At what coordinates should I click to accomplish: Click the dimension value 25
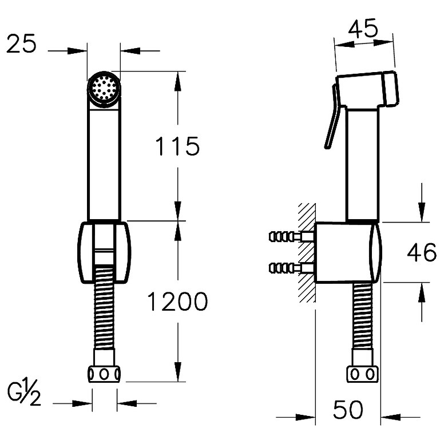click(x=21, y=43)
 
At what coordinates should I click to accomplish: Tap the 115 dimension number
click(x=177, y=146)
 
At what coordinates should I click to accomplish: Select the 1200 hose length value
click(x=177, y=302)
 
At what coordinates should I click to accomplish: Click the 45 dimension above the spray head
click(x=363, y=28)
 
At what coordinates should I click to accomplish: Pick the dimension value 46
click(x=422, y=252)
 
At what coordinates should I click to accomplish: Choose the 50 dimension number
click(x=348, y=410)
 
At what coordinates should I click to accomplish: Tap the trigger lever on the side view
click(x=333, y=116)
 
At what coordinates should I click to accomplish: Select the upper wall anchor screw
click(x=291, y=236)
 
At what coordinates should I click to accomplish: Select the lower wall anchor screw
click(x=291, y=268)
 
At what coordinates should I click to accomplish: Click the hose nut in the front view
click(x=104, y=374)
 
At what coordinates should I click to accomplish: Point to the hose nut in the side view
click(x=363, y=374)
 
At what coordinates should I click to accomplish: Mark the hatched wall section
click(x=307, y=252)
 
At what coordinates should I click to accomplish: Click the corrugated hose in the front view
click(x=104, y=308)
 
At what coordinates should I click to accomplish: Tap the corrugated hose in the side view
click(x=363, y=316)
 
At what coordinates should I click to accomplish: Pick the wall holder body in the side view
click(x=348, y=252)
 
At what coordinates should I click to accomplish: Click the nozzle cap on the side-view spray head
click(x=390, y=89)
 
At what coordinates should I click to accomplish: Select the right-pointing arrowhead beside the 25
click(x=77, y=51)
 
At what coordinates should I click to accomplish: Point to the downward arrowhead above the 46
click(x=422, y=212)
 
